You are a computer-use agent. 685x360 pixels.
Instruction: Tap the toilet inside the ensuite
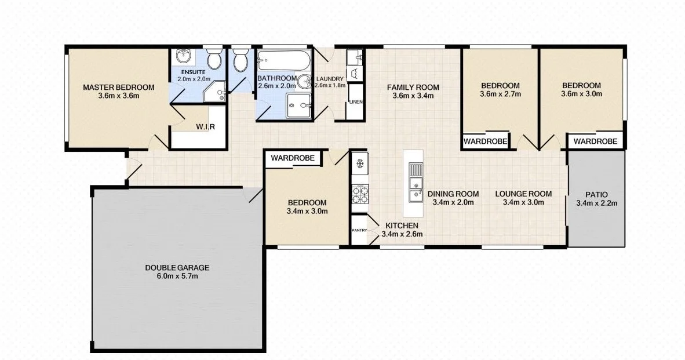pyautogui.click(x=214, y=59)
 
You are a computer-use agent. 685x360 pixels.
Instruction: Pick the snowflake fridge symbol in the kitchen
pyautogui.click(x=359, y=165)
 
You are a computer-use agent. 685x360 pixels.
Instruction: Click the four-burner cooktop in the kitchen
pyautogui.click(x=359, y=194)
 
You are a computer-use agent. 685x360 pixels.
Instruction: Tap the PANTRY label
pyautogui.click(x=359, y=231)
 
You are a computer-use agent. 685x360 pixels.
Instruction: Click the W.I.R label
pyautogui.click(x=206, y=127)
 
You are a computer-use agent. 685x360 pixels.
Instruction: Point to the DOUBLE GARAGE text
pyautogui.click(x=177, y=268)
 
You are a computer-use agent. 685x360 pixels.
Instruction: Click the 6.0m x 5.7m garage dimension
pyautogui.click(x=177, y=277)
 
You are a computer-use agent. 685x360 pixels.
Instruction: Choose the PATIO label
pyautogui.click(x=596, y=194)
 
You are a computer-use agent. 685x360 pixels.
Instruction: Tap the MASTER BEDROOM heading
pyautogui.click(x=119, y=88)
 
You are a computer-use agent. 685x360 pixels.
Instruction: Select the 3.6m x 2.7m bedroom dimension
pyautogui.click(x=501, y=93)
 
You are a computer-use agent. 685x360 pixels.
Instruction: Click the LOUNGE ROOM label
pyautogui.click(x=523, y=194)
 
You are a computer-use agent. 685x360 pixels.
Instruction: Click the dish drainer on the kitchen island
pyautogui.click(x=414, y=169)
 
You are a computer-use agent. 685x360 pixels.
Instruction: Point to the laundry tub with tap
pyautogui.click(x=355, y=57)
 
